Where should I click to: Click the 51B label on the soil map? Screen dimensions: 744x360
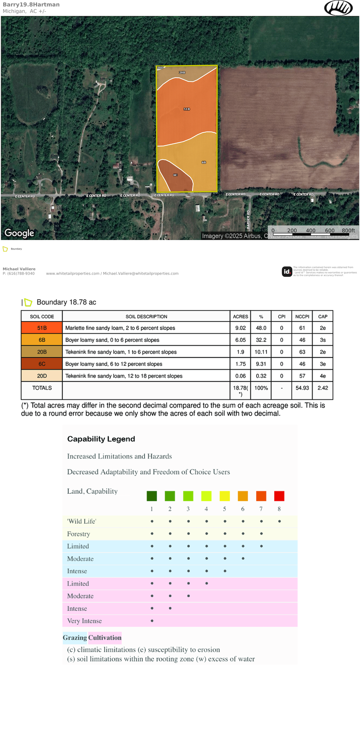[186, 109]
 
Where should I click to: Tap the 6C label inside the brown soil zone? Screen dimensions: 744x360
[175, 175]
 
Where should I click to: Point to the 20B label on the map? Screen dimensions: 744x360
[182, 73]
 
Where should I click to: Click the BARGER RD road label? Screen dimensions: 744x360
[248, 220]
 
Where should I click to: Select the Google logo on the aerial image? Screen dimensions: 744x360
[19, 233]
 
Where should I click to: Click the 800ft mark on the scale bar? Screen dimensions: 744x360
[348, 230]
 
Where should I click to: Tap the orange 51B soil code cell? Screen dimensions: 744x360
[42, 328]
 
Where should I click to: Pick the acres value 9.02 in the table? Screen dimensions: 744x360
[240, 328]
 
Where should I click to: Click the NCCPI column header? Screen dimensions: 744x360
[302, 316]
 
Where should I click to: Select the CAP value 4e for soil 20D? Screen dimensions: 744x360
[323, 376]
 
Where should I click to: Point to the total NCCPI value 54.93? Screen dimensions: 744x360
[302, 388]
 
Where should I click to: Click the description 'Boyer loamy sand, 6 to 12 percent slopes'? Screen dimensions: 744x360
[114, 364]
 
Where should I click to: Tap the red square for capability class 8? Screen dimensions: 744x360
[279, 496]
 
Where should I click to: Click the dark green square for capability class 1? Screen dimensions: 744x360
[152, 496]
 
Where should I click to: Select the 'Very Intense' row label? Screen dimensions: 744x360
[85, 621]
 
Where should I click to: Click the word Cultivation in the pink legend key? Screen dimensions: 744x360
[105, 637]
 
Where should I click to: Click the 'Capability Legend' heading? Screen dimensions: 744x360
[101, 439]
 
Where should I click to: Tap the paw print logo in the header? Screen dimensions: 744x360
[338, 8]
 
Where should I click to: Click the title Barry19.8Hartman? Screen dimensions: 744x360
[31, 5]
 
